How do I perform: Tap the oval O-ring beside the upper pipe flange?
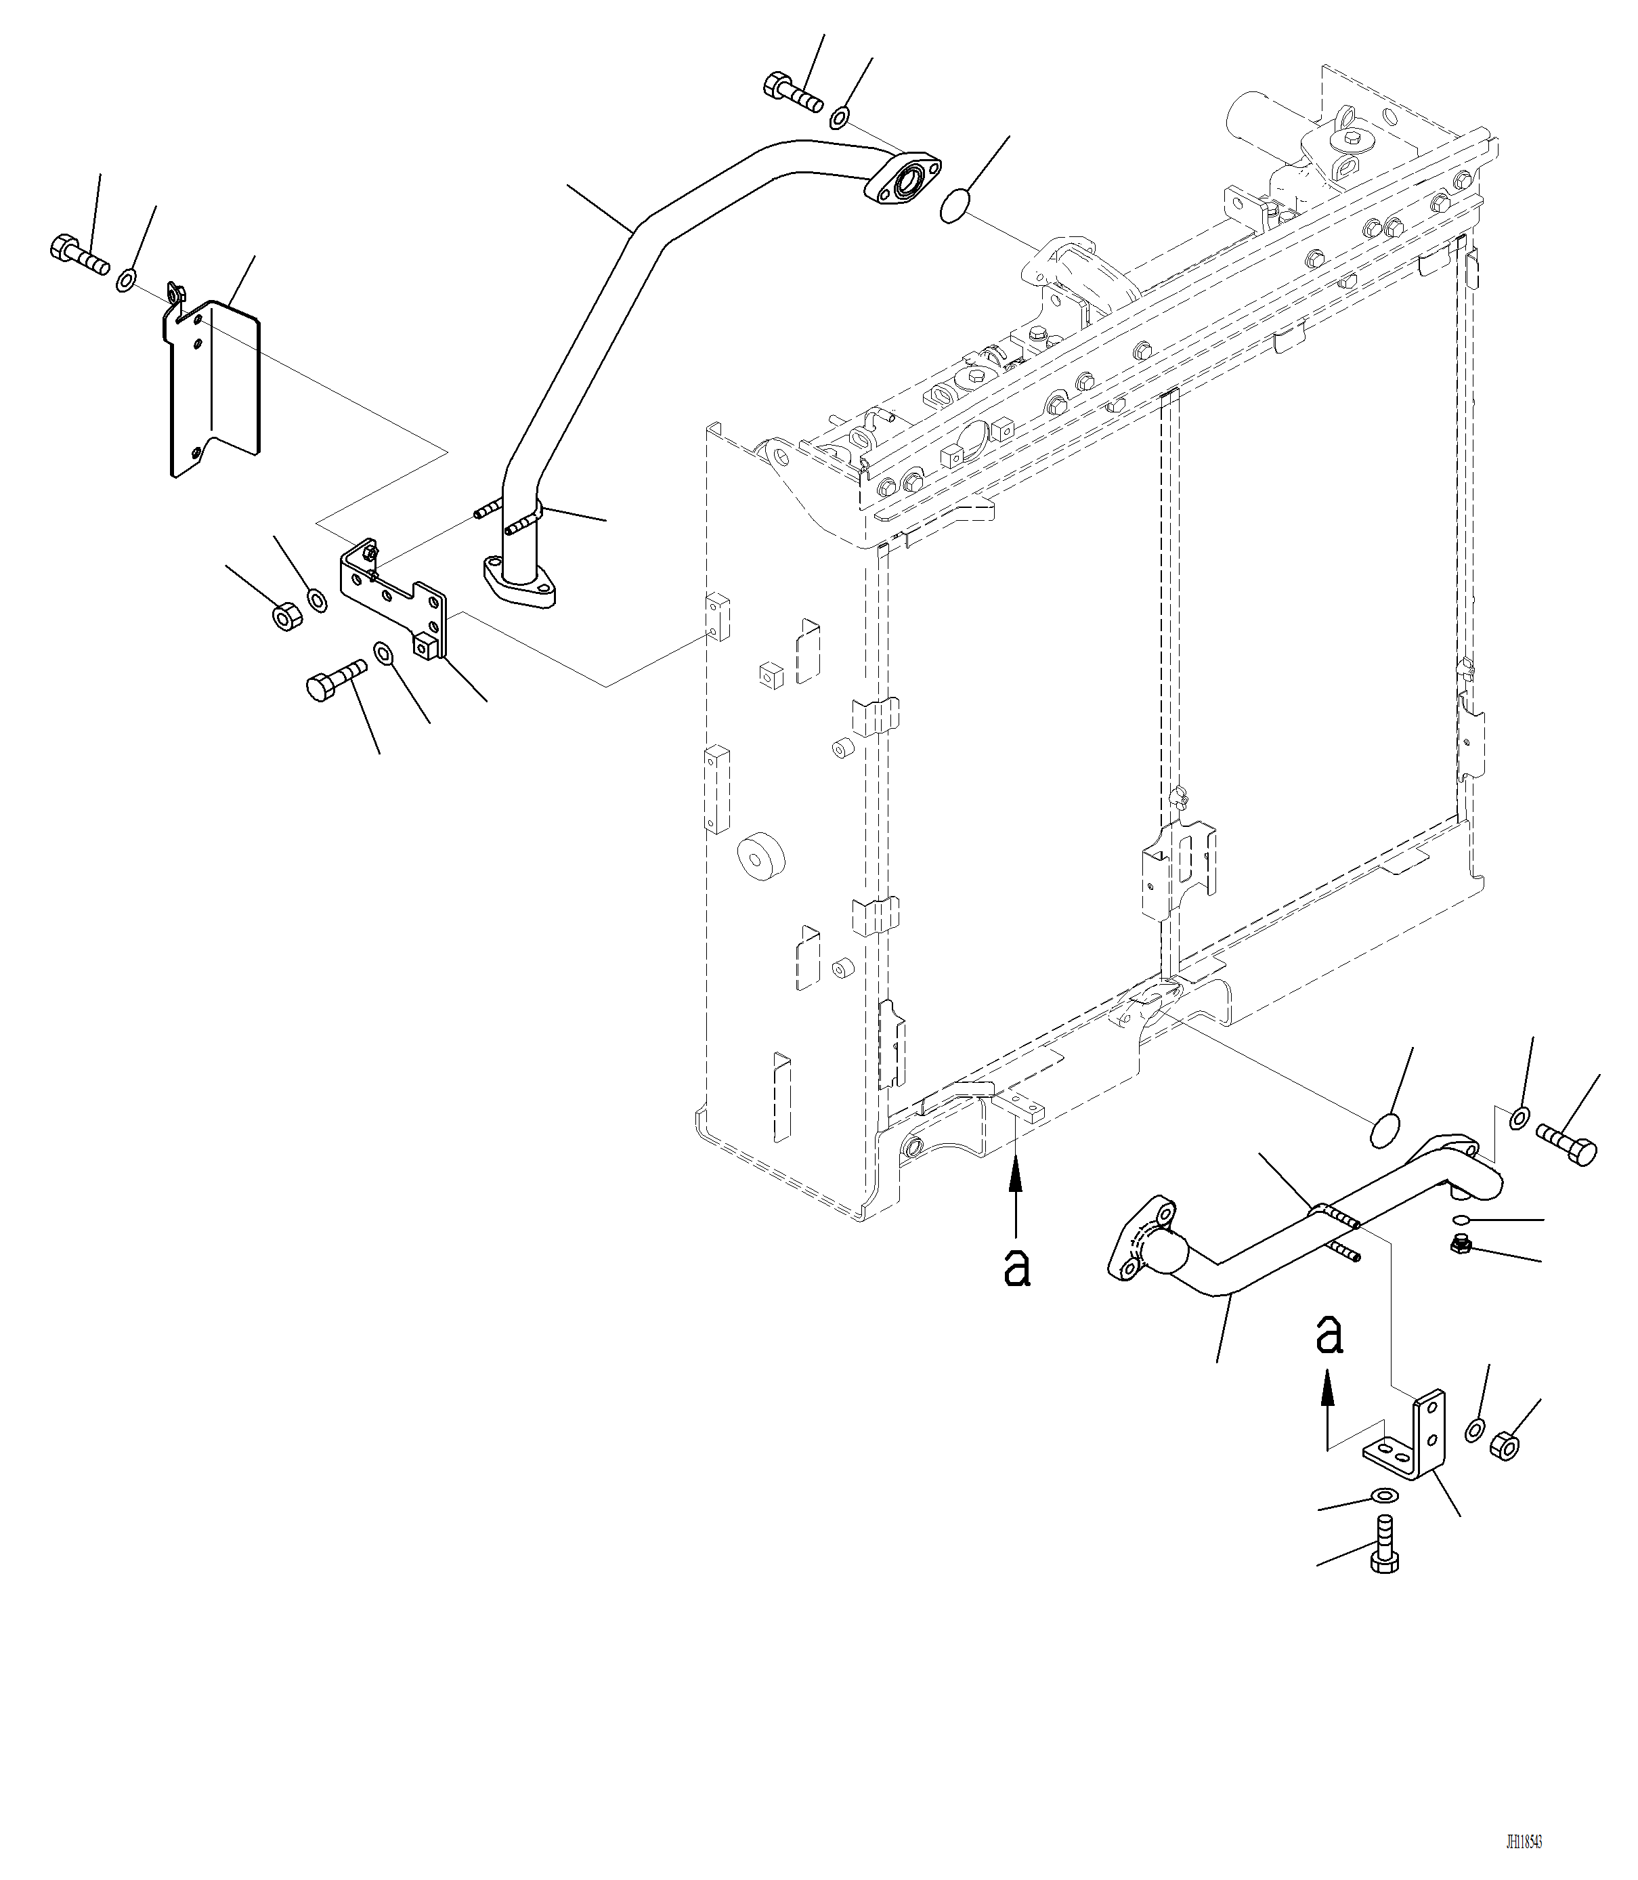[953, 206]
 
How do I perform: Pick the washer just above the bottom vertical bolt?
[1384, 1496]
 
